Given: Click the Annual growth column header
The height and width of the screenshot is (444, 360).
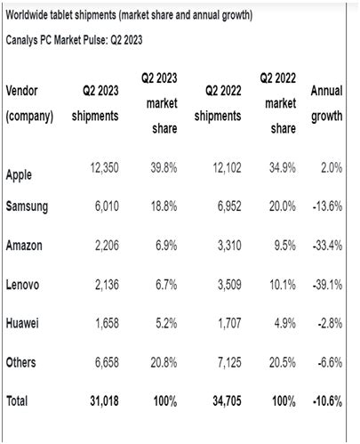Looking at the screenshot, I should tap(326, 103).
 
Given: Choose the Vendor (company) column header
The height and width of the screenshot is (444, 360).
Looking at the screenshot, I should tap(30, 103).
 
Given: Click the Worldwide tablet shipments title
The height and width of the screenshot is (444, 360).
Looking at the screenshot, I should tap(128, 16).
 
